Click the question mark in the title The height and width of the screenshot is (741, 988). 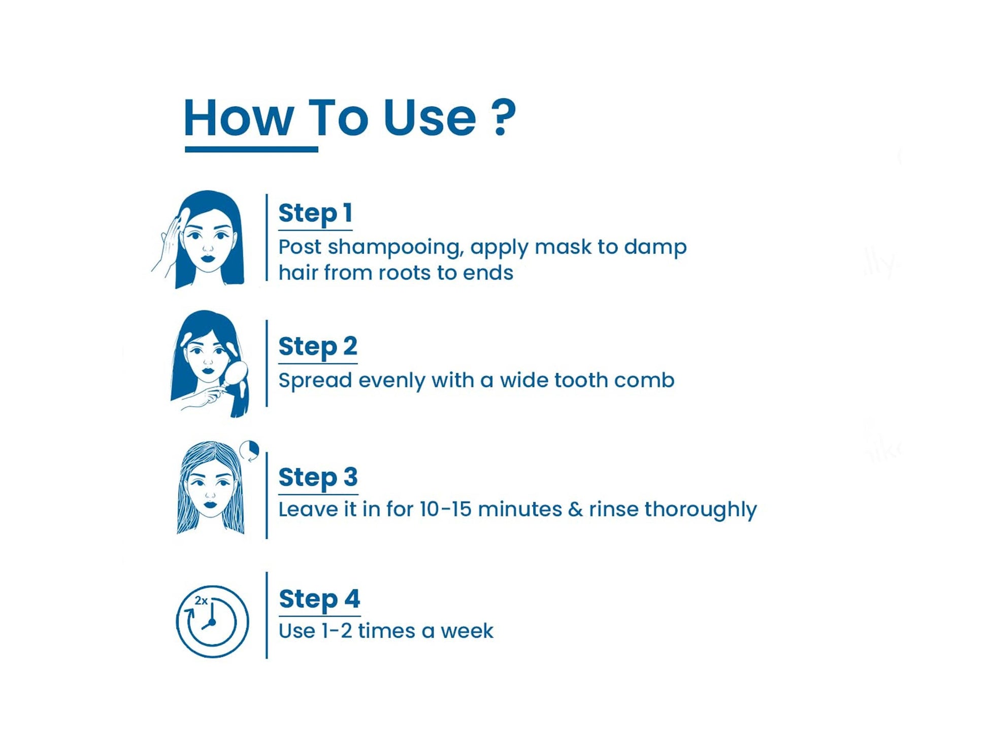pyautogui.click(x=504, y=117)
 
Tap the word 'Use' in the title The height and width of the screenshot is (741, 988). pyautogui.click(x=430, y=118)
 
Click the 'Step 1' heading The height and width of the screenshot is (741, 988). pyautogui.click(x=315, y=213)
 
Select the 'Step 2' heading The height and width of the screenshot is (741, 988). pyautogui.click(x=318, y=346)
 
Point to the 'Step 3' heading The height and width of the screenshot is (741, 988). pyautogui.click(x=318, y=477)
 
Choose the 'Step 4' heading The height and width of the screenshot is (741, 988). pyautogui.click(x=319, y=599)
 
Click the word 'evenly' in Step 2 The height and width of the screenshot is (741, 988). pyautogui.click(x=391, y=381)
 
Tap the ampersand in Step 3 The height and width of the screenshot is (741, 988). pyautogui.click(x=575, y=509)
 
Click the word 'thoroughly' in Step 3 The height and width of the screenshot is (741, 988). pyautogui.click(x=701, y=510)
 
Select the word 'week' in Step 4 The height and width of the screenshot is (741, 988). pyautogui.click(x=467, y=631)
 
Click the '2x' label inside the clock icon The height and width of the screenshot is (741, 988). pyautogui.click(x=201, y=601)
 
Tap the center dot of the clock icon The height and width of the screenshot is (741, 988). pyautogui.click(x=212, y=622)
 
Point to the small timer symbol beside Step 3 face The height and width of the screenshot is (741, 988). pyautogui.click(x=249, y=450)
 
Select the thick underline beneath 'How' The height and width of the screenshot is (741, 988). pyautogui.click(x=251, y=149)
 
